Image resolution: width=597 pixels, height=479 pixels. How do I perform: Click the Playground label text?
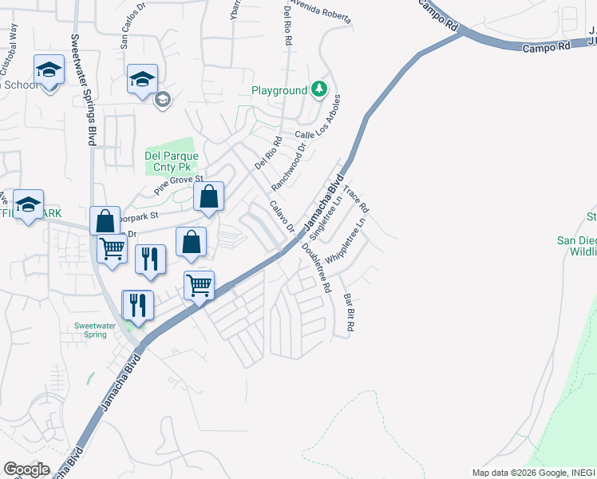[x=280, y=90]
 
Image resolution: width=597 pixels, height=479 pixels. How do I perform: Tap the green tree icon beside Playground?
[x=319, y=89]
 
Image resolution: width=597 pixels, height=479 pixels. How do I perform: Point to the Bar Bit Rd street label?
[x=348, y=313]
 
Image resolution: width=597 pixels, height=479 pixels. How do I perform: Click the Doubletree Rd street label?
[x=315, y=267]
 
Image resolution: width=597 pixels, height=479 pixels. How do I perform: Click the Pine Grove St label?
[x=180, y=186]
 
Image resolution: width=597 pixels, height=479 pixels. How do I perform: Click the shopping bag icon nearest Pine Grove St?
[x=208, y=196]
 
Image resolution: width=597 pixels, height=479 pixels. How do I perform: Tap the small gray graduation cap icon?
[x=162, y=100]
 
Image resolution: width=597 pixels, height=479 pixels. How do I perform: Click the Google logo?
[x=26, y=469]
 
